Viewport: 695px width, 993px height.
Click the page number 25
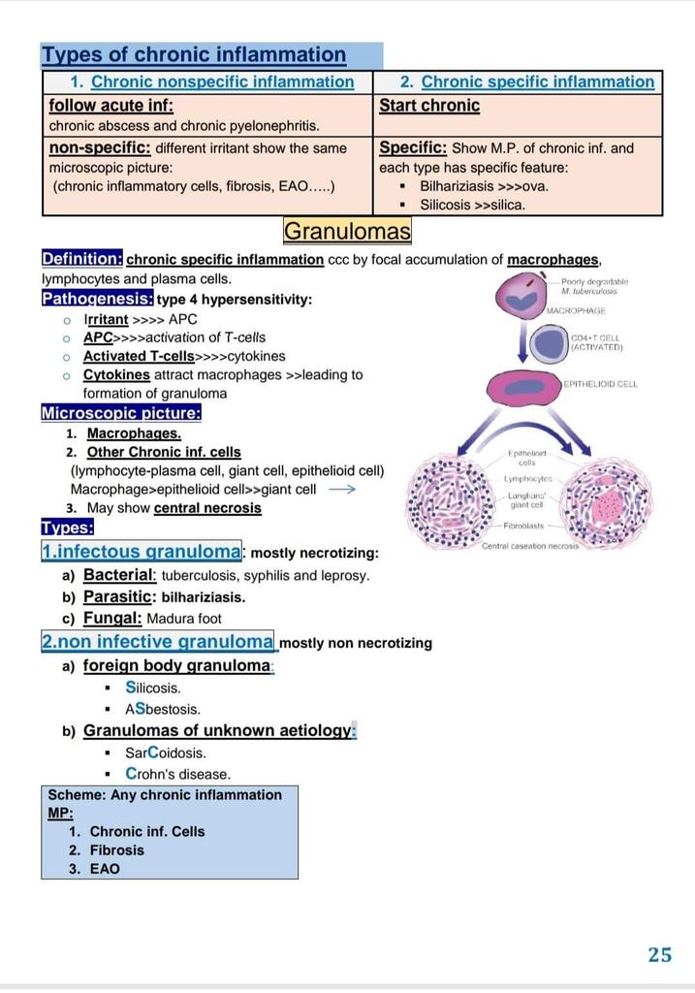(659, 954)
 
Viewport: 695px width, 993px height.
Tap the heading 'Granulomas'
(347, 232)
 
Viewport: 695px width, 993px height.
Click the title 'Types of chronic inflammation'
(194, 55)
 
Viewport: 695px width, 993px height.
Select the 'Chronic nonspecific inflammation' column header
(222, 82)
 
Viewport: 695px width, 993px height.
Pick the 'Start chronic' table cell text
(429, 105)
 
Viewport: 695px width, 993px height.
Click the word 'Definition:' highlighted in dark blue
(81, 259)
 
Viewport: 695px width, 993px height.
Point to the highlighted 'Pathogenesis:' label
(96, 299)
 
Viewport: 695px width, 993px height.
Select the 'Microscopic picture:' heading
(120, 413)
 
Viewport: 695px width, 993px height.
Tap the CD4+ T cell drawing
(550, 341)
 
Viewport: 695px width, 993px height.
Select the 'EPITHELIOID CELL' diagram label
(600, 384)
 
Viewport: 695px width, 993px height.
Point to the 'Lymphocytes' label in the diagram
(527, 479)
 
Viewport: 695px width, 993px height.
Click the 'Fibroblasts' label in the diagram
(524, 526)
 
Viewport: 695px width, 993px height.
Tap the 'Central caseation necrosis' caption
(530, 546)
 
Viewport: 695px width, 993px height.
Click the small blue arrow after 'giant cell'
(342, 489)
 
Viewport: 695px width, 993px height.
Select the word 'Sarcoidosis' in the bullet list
(166, 753)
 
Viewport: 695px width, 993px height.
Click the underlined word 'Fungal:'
(112, 618)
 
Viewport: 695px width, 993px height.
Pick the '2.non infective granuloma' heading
(158, 642)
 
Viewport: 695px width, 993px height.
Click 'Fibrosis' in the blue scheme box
(116, 850)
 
